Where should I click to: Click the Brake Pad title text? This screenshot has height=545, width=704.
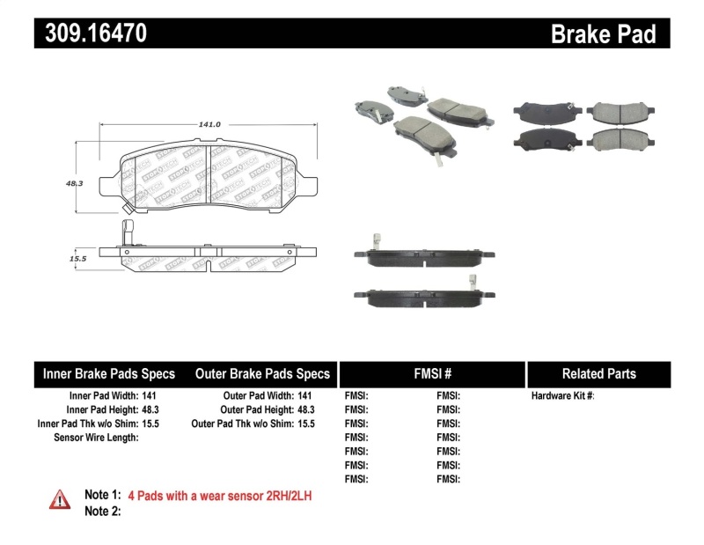click(x=603, y=34)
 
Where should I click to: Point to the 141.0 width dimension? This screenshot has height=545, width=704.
click(x=209, y=125)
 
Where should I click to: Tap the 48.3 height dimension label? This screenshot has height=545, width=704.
click(x=73, y=184)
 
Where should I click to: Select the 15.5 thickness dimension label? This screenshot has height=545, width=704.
click(x=77, y=259)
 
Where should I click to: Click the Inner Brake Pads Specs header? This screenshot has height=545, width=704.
click(x=109, y=373)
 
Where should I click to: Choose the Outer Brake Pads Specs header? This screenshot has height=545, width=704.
click(x=262, y=373)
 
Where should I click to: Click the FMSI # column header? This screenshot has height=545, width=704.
click(x=432, y=373)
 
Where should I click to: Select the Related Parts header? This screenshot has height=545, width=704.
click(x=599, y=373)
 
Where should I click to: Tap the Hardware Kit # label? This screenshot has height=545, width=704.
click(x=562, y=396)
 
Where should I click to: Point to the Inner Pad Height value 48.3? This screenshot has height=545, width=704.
click(x=150, y=410)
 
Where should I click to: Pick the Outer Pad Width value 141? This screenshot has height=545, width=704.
click(x=304, y=396)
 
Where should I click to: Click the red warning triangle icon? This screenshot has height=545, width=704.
click(x=60, y=498)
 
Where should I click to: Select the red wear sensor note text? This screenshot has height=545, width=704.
click(x=220, y=496)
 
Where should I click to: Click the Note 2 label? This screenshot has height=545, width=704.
click(x=102, y=512)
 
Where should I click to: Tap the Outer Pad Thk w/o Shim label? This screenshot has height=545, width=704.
click(x=242, y=423)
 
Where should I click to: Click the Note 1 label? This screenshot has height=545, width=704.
click(x=102, y=496)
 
